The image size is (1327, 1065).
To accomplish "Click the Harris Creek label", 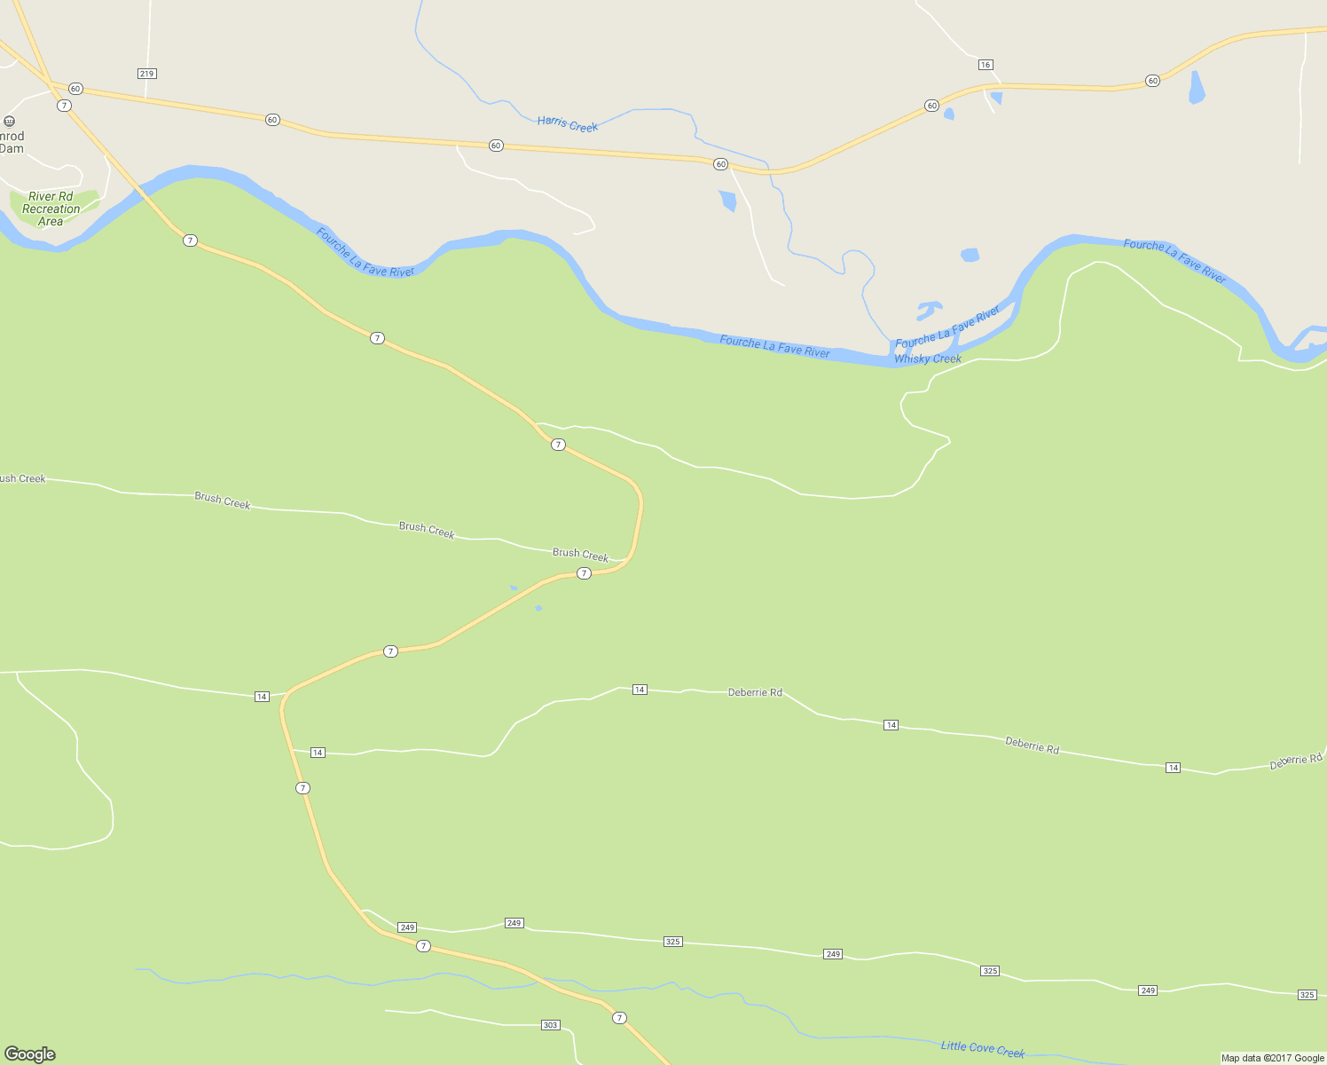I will (x=568, y=123).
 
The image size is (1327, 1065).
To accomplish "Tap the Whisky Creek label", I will (x=928, y=359).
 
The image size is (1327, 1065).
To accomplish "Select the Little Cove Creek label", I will (x=983, y=1049).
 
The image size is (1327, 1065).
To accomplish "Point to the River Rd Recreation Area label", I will (x=51, y=209).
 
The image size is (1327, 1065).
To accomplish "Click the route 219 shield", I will (x=147, y=74).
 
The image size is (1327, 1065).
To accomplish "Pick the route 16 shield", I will (x=985, y=65).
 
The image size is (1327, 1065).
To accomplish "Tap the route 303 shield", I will (x=550, y=1025).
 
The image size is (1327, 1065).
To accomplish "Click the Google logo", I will (x=30, y=1054).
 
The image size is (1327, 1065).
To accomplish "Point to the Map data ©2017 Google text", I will (x=1272, y=1058).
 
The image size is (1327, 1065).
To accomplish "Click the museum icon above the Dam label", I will (x=9, y=122).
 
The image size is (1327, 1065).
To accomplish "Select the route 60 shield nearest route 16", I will (x=931, y=106).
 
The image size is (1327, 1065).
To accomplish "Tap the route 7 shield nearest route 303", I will (x=619, y=1018).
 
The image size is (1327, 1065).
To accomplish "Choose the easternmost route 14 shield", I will (x=1173, y=768).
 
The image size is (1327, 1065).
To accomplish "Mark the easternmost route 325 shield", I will (x=1307, y=995).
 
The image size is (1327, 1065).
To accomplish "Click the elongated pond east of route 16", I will (x=1197, y=87).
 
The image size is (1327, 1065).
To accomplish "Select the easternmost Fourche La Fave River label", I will (x=1174, y=261).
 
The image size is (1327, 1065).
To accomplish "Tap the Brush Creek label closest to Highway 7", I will (x=580, y=555).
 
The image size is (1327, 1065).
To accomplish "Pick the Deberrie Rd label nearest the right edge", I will (x=1296, y=761).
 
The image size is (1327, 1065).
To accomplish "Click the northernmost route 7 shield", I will (x=64, y=106).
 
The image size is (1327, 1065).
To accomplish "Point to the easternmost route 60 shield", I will (x=1152, y=81).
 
